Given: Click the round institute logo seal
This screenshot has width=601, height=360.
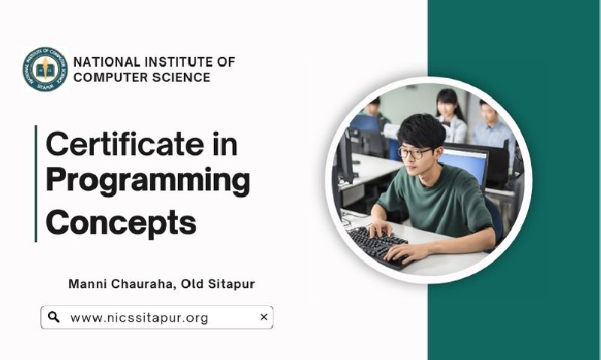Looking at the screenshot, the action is click(x=45, y=69).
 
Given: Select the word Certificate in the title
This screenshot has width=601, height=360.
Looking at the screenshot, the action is click(x=125, y=144).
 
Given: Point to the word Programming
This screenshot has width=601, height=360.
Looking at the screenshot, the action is click(x=148, y=181).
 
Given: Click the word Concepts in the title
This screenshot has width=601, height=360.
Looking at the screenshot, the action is click(x=121, y=223).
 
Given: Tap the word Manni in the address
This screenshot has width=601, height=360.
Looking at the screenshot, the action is click(x=88, y=284).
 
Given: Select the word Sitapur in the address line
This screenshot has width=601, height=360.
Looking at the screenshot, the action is click(x=231, y=284).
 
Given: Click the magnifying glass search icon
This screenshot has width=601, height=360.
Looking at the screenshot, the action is click(x=53, y=317).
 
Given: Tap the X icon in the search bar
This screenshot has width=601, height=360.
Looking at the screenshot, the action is click(x=264, y=317).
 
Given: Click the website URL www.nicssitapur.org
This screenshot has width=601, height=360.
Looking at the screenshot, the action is click(x=140, y=318).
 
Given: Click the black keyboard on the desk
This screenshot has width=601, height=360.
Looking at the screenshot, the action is click(x=378, y=246).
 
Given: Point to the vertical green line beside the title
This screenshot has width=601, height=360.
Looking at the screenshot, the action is click(x=36, y=183).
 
